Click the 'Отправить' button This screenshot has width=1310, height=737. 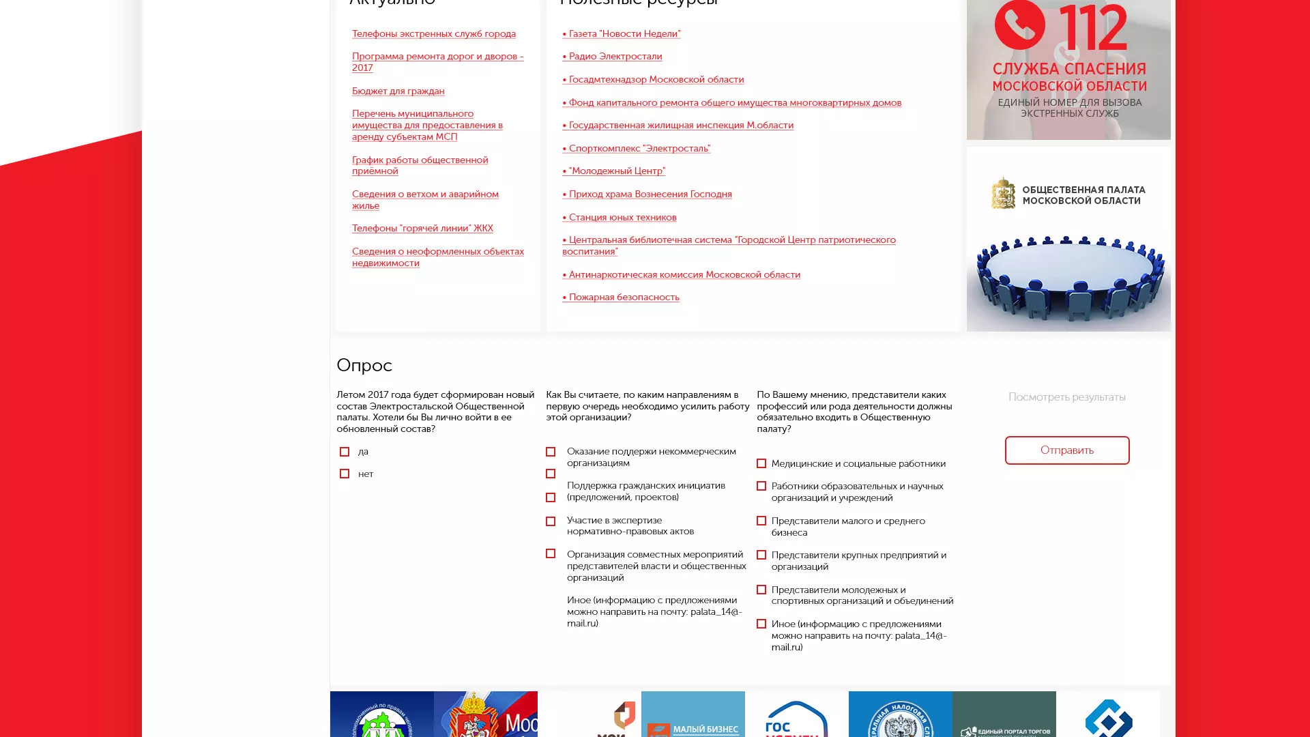point(1066,450)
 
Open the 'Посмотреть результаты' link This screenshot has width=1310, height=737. point(1066,397)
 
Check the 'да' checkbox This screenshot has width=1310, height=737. point(345,452)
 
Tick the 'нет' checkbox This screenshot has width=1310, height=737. point(345,474)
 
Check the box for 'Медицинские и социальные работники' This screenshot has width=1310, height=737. point(761,464)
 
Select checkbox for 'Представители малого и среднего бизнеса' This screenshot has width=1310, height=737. point(761,521)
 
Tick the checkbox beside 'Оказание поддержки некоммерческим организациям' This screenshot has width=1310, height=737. point(551,452)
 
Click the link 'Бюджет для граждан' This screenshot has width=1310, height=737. point(398,91)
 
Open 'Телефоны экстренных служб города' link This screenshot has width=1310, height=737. point(433,34)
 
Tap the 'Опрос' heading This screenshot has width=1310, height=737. point(364,366)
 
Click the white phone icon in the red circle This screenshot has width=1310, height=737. point(1019,25)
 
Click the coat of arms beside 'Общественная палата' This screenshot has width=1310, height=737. point(1003,194)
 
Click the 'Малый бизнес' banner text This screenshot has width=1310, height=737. point(705,729)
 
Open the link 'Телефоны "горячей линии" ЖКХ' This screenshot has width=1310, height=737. point(422,229)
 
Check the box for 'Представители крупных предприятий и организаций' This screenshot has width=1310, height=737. point(761,555)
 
